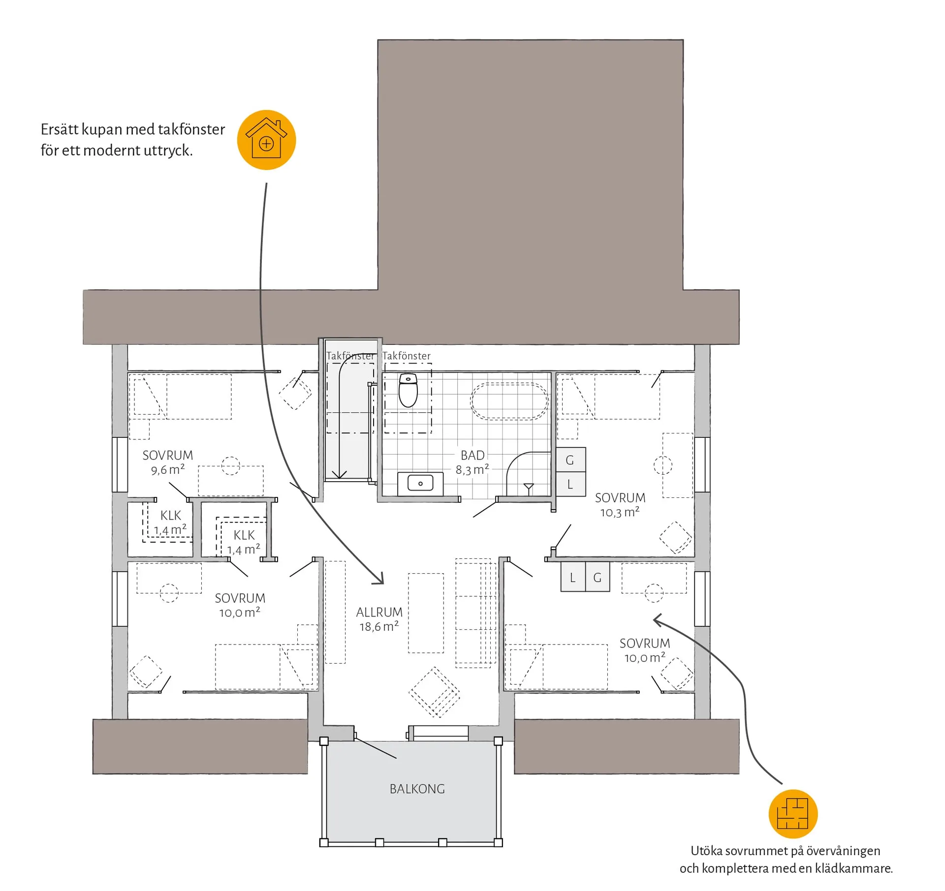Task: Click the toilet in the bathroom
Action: click(408, 390)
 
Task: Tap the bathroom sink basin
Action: click(420, 483)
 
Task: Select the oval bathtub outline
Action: click(509, 401)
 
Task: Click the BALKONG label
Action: click(417, 789)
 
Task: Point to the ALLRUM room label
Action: click(379, 612)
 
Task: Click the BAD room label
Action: click(472, 455)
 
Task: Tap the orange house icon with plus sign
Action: click(266, 140)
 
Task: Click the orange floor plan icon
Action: click(793, 814)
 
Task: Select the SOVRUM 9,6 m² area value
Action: click(168, 470)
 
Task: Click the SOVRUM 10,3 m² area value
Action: click(620, 512)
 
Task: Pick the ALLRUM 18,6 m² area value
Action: click(379, 626)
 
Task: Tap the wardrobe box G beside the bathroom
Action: click(570, 460)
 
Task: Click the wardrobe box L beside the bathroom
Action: click(570, 484)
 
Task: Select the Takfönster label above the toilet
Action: click(407, 356)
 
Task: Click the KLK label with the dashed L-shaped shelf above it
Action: click(244, 535)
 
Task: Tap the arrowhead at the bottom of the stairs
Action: click(339, 474)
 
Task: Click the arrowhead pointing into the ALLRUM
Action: click(379, 578)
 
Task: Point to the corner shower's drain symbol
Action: click(529, 488)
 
